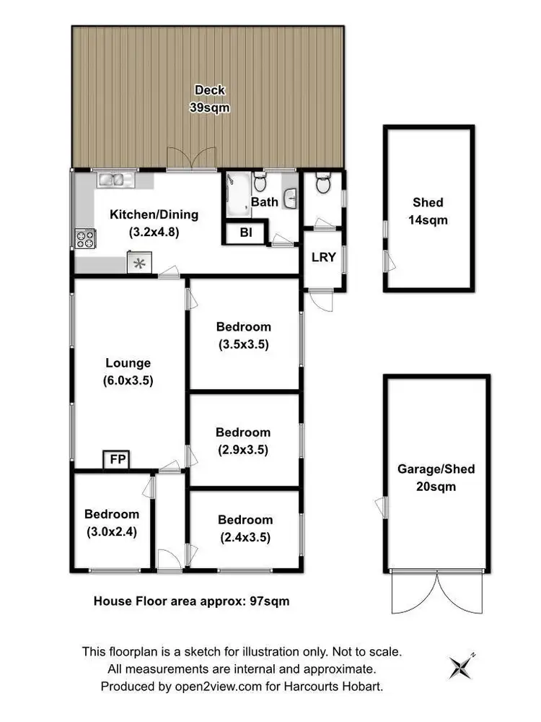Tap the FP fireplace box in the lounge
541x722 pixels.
(115, 460)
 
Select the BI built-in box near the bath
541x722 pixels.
(245, 233)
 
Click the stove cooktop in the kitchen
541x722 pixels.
(84, 237)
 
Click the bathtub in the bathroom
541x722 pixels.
(236, 194)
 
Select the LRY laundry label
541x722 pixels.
(323, 256)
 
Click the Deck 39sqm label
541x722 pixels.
(209, 98)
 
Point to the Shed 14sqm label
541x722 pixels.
(428, 211)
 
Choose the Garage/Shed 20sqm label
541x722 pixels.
(436, 477)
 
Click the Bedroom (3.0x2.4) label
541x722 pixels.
(112, 523)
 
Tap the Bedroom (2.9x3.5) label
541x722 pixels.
(243, 441)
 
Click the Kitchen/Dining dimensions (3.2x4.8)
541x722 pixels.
(154, 232)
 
